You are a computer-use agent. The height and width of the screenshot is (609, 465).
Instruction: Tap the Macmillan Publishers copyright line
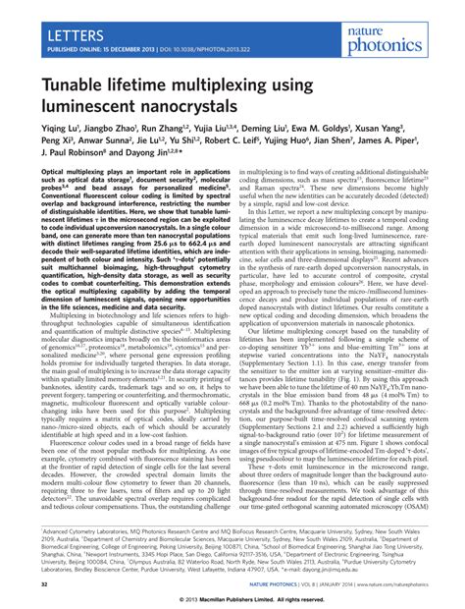click(232, 599)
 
